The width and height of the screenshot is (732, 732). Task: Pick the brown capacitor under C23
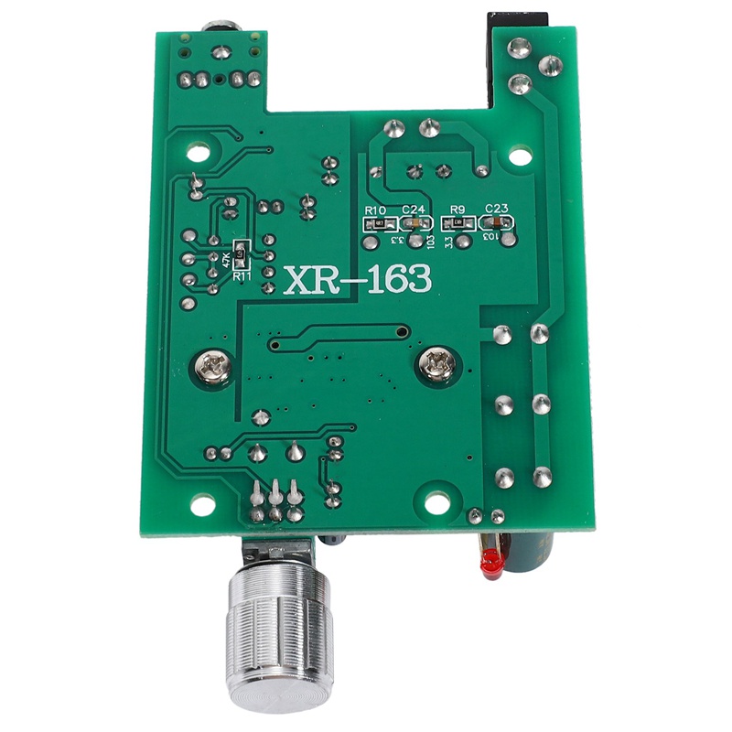click(x=499, y=222)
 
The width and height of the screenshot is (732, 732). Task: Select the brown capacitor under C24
click(x=416, y=223)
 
